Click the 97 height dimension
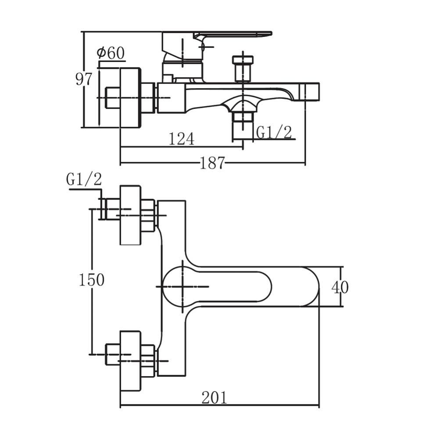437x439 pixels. point(84,79)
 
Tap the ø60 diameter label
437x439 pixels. point(111,53)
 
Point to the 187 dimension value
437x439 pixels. point(212,163)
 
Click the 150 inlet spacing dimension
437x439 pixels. point(92,279)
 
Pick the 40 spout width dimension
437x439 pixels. point(340,287)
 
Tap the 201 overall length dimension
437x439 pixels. point(215,397)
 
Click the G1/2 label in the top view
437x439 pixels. point(274,132)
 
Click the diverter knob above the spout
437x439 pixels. point(243,69)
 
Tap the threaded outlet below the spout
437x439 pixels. point(243,125)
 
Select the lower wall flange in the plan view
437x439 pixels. point(130,361)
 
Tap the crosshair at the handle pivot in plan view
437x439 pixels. point(182,287)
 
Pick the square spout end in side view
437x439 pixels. point(309,91)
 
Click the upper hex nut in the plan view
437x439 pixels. point(147,215)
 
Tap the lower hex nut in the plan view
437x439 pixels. point(147,361)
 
